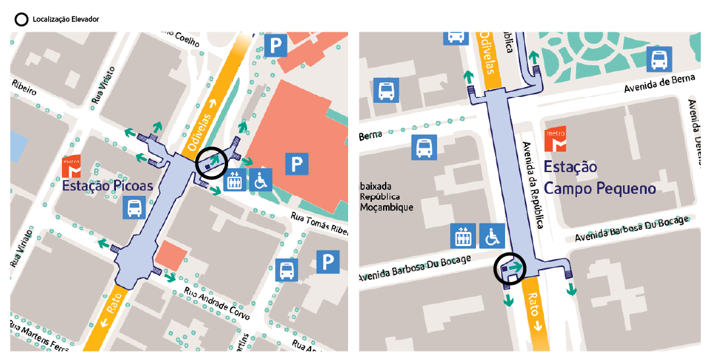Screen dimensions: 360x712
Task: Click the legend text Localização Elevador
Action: (65, 19)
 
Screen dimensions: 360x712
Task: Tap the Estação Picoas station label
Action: (107, 186)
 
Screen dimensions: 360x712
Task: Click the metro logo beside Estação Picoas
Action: (71, 166)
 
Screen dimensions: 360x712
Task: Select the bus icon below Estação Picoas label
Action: (134, 208)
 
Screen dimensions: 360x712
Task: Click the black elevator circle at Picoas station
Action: (212, 162)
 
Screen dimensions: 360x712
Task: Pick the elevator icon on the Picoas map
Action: (235, 179)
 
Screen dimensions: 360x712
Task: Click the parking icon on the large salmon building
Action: (297, 162)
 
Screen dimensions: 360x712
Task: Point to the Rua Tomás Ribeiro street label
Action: (319, 224)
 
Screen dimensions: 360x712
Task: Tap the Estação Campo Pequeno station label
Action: (599, 178)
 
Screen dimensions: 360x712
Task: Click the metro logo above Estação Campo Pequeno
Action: (554, 140)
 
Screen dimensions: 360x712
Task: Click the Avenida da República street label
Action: (536, 185)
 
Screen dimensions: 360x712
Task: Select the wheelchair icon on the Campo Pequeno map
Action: (492, 235)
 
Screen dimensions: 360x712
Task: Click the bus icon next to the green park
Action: (658, 60)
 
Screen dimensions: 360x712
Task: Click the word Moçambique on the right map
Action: (387, 207)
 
